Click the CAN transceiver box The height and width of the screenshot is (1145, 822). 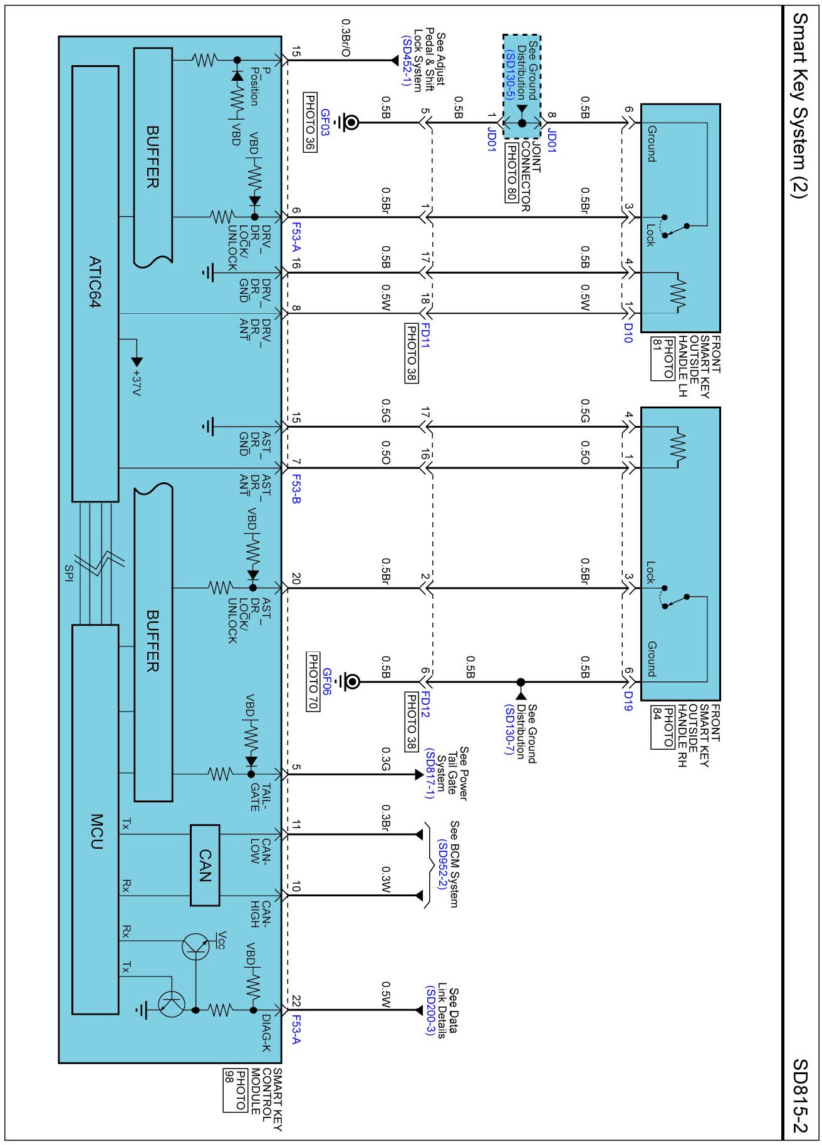coord(205,865)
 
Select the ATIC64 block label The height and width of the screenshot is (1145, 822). coord(95,281)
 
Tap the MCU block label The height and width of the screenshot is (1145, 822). coord(96,831)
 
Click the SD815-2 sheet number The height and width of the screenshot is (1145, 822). coord(800,1096)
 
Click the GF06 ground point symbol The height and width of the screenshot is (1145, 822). coord(349,682)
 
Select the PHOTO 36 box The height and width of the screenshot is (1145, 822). coord(310,123)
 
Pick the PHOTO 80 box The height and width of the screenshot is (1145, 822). coord(511,172)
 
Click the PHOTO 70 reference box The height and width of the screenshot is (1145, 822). coord(313,681)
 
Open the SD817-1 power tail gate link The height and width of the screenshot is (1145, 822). coord(429,773)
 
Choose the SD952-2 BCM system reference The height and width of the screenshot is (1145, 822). coord(442,865)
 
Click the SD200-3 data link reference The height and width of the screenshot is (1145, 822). coord(430,1010)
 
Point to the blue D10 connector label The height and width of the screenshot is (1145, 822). coord(628,333)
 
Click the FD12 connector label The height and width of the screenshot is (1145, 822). coord(425,704)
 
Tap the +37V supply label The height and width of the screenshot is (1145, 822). coord(137,382)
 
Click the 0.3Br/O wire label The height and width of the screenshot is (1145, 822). coord(345,38)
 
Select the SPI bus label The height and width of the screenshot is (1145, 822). coord(69,572)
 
